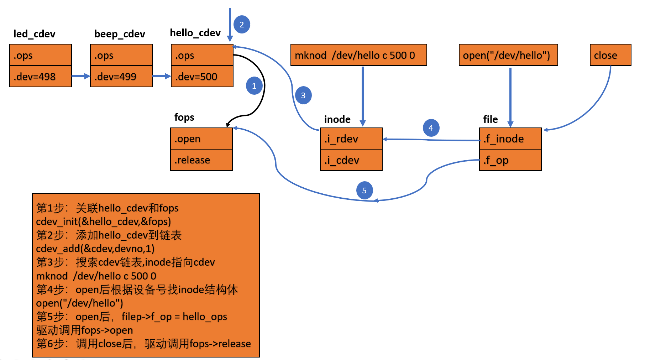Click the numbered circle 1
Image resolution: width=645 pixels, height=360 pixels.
(254, 86)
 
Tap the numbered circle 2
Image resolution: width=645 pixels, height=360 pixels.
(242, 25)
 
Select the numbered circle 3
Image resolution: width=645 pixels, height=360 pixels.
(303, 95)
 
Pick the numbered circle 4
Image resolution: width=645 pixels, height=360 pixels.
(431, 128)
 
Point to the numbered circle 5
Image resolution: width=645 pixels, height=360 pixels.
(364, 191)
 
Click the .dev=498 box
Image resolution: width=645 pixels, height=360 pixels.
(41, 76)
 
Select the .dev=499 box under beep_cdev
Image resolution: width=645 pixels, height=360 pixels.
(121, 76)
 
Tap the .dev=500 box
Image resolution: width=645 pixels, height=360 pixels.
(202, 76)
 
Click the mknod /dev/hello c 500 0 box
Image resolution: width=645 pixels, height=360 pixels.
(359, 55)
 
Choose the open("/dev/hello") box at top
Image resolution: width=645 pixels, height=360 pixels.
(508, 55)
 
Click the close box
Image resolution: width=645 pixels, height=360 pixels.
(610, 55)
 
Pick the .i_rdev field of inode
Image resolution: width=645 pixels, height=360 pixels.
(351, 139)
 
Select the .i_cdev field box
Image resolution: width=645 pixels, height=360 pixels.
(351, 160)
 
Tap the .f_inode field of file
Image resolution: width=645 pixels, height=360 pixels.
(510, 139)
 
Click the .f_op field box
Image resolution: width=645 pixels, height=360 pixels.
(510, 160)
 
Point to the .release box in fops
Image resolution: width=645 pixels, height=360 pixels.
(201, 160)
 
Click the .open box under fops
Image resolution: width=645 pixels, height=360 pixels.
(201, 139)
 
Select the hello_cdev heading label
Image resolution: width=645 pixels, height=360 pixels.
(195, 33)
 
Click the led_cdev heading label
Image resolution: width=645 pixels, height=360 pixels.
(35, 34)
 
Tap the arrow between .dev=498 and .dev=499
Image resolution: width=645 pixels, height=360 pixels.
(81, 76)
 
